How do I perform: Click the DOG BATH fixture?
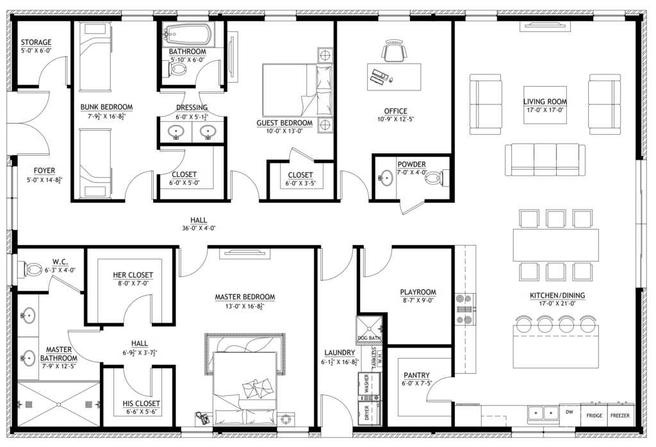(370, 329)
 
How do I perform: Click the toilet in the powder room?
(435, 176)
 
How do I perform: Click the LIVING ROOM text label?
(545, 101)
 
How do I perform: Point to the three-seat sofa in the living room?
(545, 159)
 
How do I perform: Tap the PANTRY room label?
(416, 375)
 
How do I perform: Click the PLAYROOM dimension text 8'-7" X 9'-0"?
(418, 300)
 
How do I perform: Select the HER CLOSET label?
(133, 275)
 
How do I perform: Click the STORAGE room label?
(36, 42)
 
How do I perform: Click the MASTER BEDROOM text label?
(245, 297)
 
